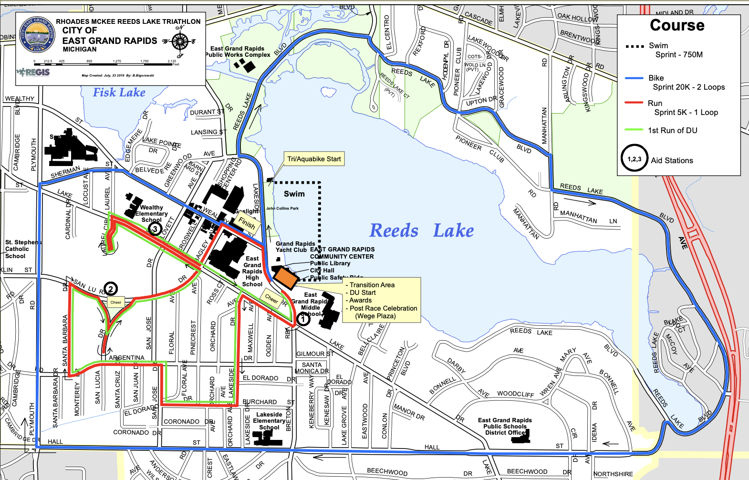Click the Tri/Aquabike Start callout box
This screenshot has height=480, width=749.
click(x=314, y=159)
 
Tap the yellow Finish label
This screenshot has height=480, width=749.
click(x=247, y=222)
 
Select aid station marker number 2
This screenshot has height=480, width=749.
click(x=111, y=289)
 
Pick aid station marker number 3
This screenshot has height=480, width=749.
click(x=155, y=230)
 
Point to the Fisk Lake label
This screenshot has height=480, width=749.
click(x=119, y=93)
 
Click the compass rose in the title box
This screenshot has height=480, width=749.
click(x=180, y=42)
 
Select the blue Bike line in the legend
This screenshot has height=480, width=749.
click(x=634, y=78)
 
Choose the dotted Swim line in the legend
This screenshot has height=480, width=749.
click(x=634, y=46)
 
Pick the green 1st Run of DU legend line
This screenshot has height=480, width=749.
click(x=634, y=130)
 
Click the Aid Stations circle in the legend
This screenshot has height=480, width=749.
click(x=634, y=159)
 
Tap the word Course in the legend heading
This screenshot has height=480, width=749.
click(x=677, y=25)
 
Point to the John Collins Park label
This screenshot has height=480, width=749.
click(x=282, y=209)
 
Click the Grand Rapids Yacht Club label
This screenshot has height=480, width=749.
click(x=295, y=247)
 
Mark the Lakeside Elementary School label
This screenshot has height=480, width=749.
click(x=269, y=421)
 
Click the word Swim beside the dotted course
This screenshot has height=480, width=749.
click(x=294, y=194)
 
